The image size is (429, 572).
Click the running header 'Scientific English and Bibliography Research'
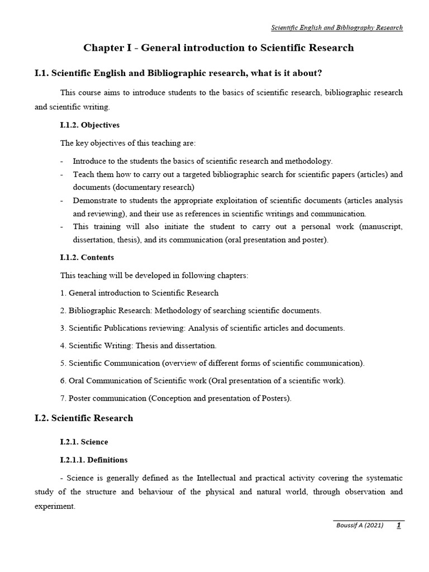pos(336,27)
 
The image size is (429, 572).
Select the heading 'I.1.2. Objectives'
pos(89,125)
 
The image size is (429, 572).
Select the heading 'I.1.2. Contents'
pos(87,258)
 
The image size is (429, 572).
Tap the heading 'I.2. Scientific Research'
pos(84,418)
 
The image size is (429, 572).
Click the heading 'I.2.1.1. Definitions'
pos(93,460)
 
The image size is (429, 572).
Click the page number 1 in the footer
pos(398,525)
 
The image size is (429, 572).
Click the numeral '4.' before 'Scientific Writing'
pos(63,346)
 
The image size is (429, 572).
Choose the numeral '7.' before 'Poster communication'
pos(63,398)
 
